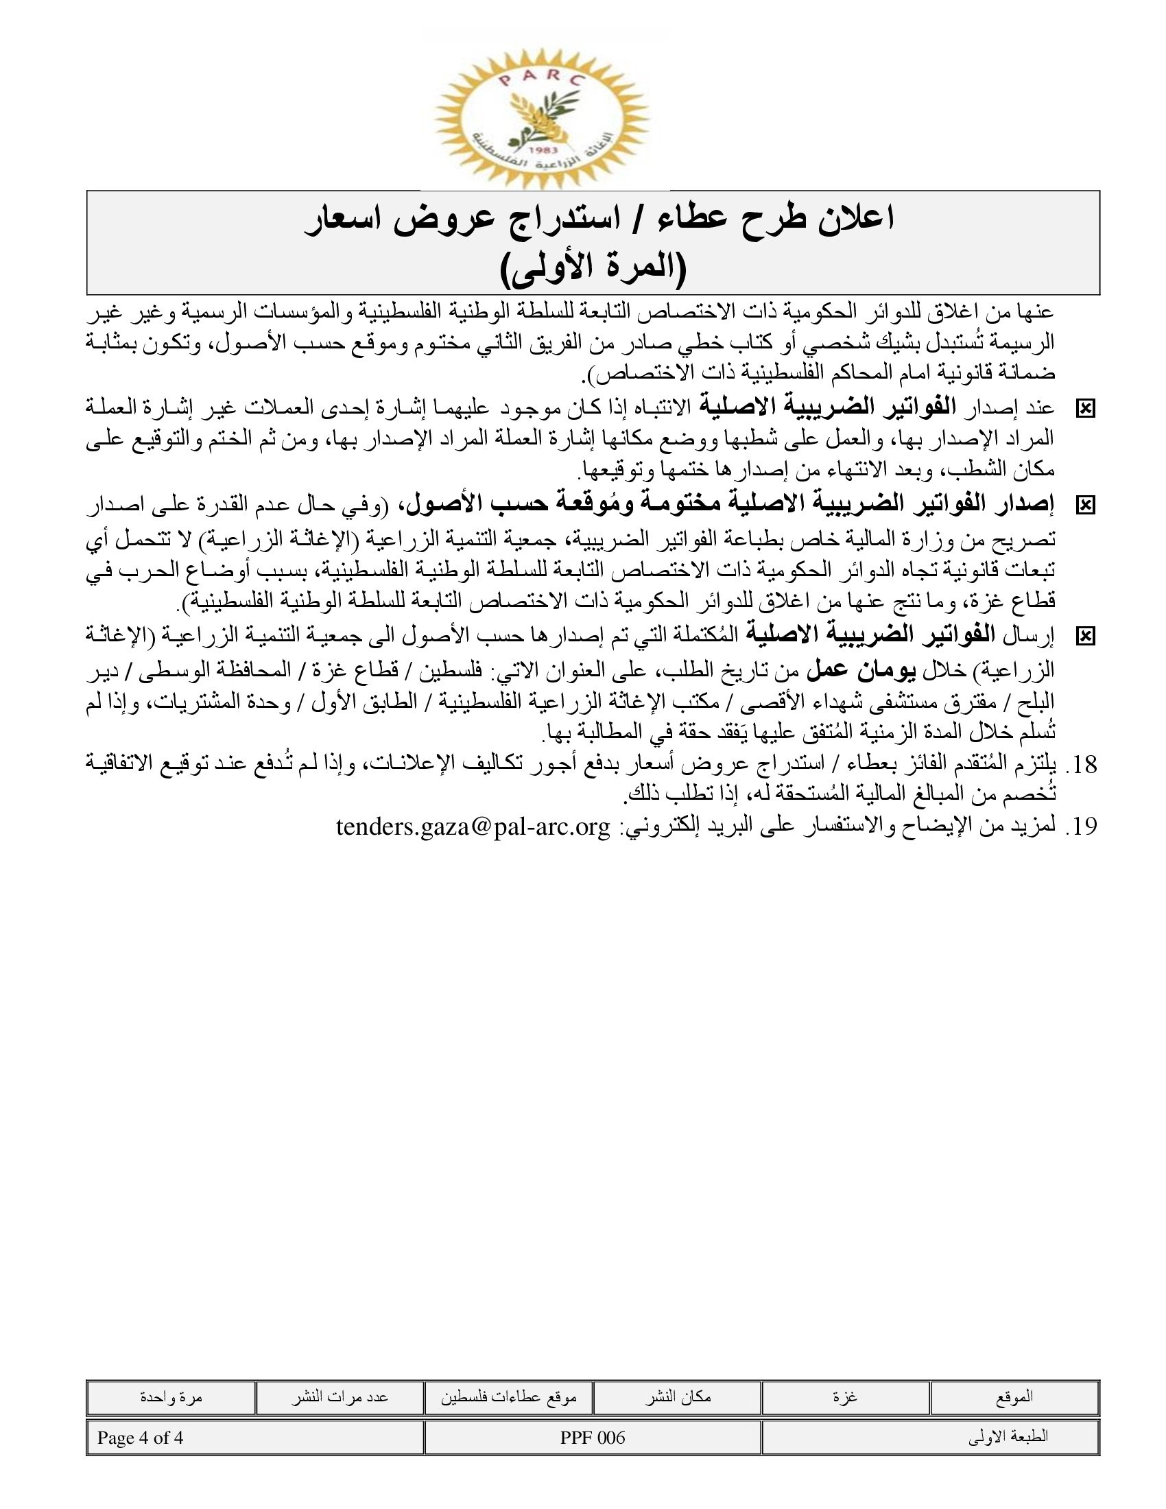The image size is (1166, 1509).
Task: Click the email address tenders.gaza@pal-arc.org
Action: point(473,826)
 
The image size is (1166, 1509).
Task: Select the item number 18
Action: point(1082,764)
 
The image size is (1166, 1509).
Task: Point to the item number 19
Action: point(1082,827)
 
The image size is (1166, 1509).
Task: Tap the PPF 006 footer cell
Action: point(593,1438)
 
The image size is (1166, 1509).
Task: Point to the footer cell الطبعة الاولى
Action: point(1009,1438)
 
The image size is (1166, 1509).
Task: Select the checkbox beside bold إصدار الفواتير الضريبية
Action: point(1085,506)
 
